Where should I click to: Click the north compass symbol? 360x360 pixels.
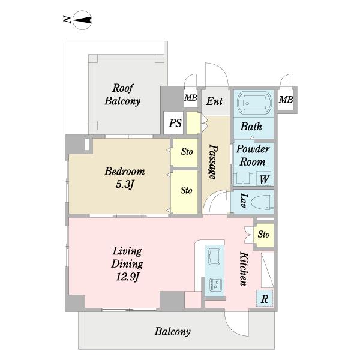(x=82, y=20)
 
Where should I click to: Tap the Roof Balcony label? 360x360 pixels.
(x=122, y=95)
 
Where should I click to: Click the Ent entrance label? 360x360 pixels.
(x=214, y=101)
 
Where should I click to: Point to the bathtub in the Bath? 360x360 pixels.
(x=254, y=103)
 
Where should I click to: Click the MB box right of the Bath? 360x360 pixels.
(x=286, y=100)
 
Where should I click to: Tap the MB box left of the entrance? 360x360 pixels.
(x=191, y=98)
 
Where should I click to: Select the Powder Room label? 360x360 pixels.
(x=253, y=155)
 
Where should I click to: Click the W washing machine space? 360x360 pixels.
(x=264, y=179)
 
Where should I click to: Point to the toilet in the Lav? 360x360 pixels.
(x=263, y=202)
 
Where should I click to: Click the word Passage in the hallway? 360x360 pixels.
(x=213, y=161)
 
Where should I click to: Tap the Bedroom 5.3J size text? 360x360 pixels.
(x=125, y=184)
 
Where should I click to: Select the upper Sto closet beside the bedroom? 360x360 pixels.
(x=185, y=152)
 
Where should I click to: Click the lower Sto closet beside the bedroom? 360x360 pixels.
(x=185, y=192)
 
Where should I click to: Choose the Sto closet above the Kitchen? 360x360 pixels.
(x=263, y=235)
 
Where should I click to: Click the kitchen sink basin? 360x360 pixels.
(x=214, y=257)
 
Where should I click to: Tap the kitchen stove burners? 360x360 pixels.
(x=215, y=284)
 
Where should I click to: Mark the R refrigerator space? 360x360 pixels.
(x=265, y=298)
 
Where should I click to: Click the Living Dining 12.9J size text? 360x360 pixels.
(x=127, y=277)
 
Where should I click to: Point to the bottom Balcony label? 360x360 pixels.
(x=173, y=332)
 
